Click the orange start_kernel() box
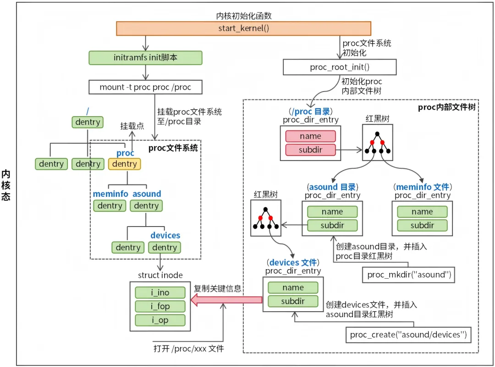tap(243, 28)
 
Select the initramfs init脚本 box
tap(145, 58)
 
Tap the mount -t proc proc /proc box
tap(145, 87)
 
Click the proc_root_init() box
tap(340, 68)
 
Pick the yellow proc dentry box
tap(125, 164)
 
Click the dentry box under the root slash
tap(88, 122)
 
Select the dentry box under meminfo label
tap(110, 206)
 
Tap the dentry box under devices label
tap(165, 248)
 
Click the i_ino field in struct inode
tap(160, 293)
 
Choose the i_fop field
tap(160, 307)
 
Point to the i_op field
tap(160, 320)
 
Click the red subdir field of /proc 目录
tap(310, 150)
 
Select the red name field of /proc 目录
tap(310, 136)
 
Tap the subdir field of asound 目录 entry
tap(332, 226)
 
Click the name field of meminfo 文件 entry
tap(422, 212)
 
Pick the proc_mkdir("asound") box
tap(409, 275)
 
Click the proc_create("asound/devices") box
tap(408, 335)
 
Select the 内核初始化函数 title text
tap(244, 16)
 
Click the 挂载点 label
tap(131, 126)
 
